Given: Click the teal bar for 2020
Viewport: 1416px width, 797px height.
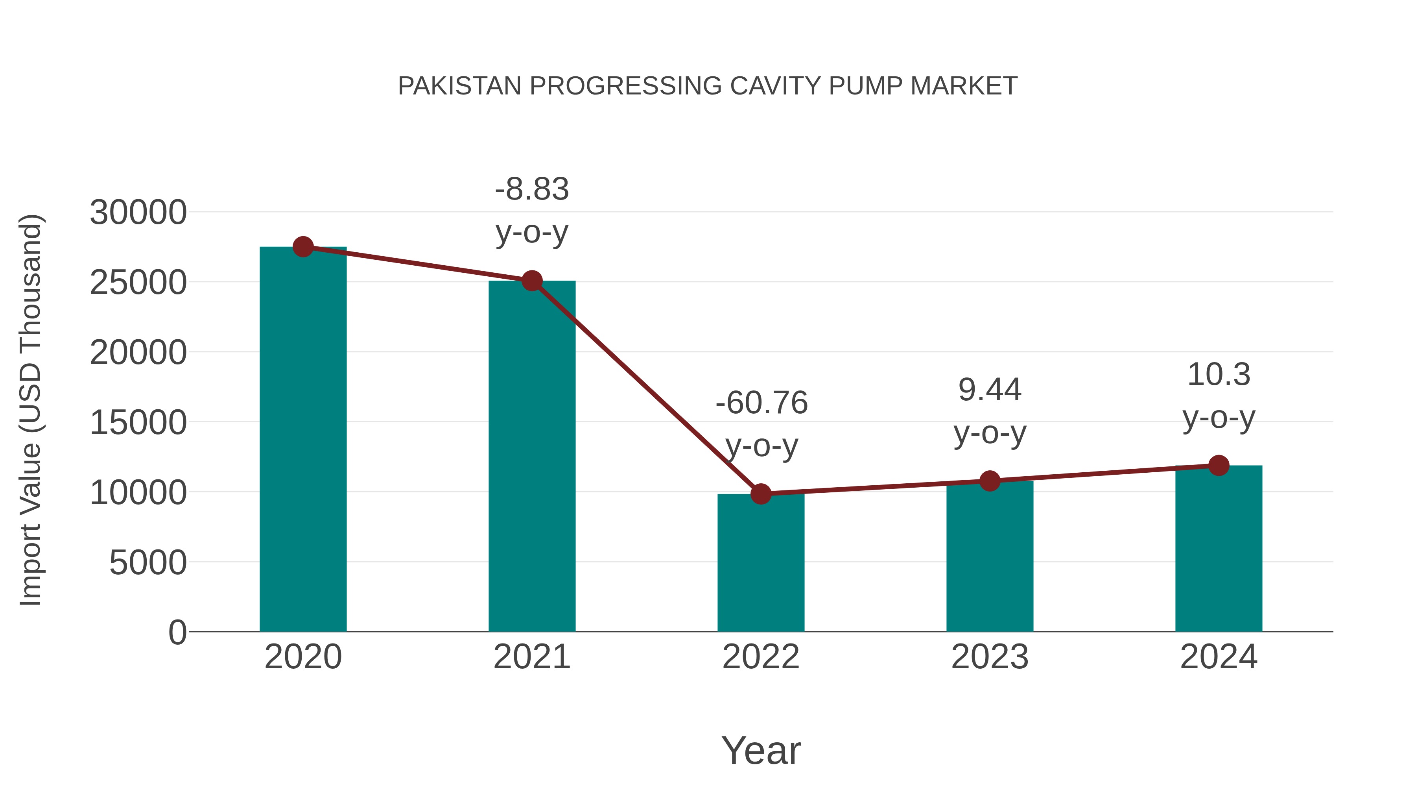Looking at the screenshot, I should pyautogui.click(x=303, y=440).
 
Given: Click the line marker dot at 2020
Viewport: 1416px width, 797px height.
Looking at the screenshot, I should pyautogui.click(x=303, y=247).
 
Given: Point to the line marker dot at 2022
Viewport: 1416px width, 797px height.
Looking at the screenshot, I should pyautogui.click(x=761, y=494).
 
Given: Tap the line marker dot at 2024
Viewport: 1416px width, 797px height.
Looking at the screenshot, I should pyautogui.click(x=1219, y=465).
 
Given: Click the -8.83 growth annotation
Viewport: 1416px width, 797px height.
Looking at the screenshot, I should pyautogui.click(x=531, y=190).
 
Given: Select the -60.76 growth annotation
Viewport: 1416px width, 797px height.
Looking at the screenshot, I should pyautogui.click(x=761, y=403).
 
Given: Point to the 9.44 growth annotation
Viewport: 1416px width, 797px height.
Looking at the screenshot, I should pyautogui.click(x=990, y=390).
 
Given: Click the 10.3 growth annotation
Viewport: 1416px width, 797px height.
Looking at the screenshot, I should pyautogui.click(x=1219, y=375).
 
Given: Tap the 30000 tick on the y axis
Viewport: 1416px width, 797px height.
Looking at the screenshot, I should pyautogui.click(x=138, y=212).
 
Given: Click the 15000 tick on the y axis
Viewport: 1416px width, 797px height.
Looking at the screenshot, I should pyautogui.click(x=138, y=422).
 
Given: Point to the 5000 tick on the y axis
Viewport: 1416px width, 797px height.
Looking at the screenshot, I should pyautogui.click(x=147, y=563).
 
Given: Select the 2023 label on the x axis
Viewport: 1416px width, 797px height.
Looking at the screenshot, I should pyautogui.click(x=990, y=657).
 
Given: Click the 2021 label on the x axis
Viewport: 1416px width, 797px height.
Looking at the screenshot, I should pyautogui.click(x=531, y=657).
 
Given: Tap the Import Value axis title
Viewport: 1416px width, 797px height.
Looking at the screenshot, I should pyautogui.click(x=31, y=410).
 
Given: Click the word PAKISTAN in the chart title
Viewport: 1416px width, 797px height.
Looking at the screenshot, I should pyautogui.click(x=459, y=86).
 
